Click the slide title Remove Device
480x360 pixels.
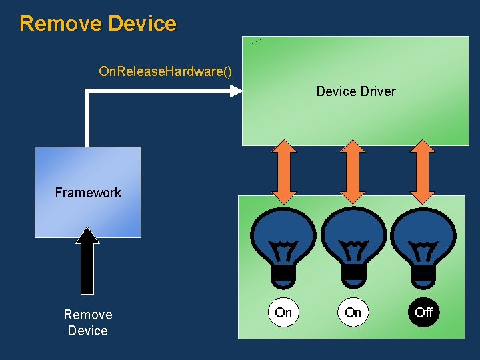point(98,23)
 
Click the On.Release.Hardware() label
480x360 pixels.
point(165,71)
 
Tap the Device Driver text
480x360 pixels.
point(356,91)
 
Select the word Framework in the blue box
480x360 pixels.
point(88,193)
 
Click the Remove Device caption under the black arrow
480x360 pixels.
point(87,323)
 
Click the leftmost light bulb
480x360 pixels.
point(284,237)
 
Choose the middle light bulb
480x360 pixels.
point(353,237)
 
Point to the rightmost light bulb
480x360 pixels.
point(423,237)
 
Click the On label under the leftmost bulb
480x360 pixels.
point(283,312)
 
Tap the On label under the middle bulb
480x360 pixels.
point(353,312)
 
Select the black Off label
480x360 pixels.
point(424,312)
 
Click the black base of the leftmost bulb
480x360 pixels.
point(284,273)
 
